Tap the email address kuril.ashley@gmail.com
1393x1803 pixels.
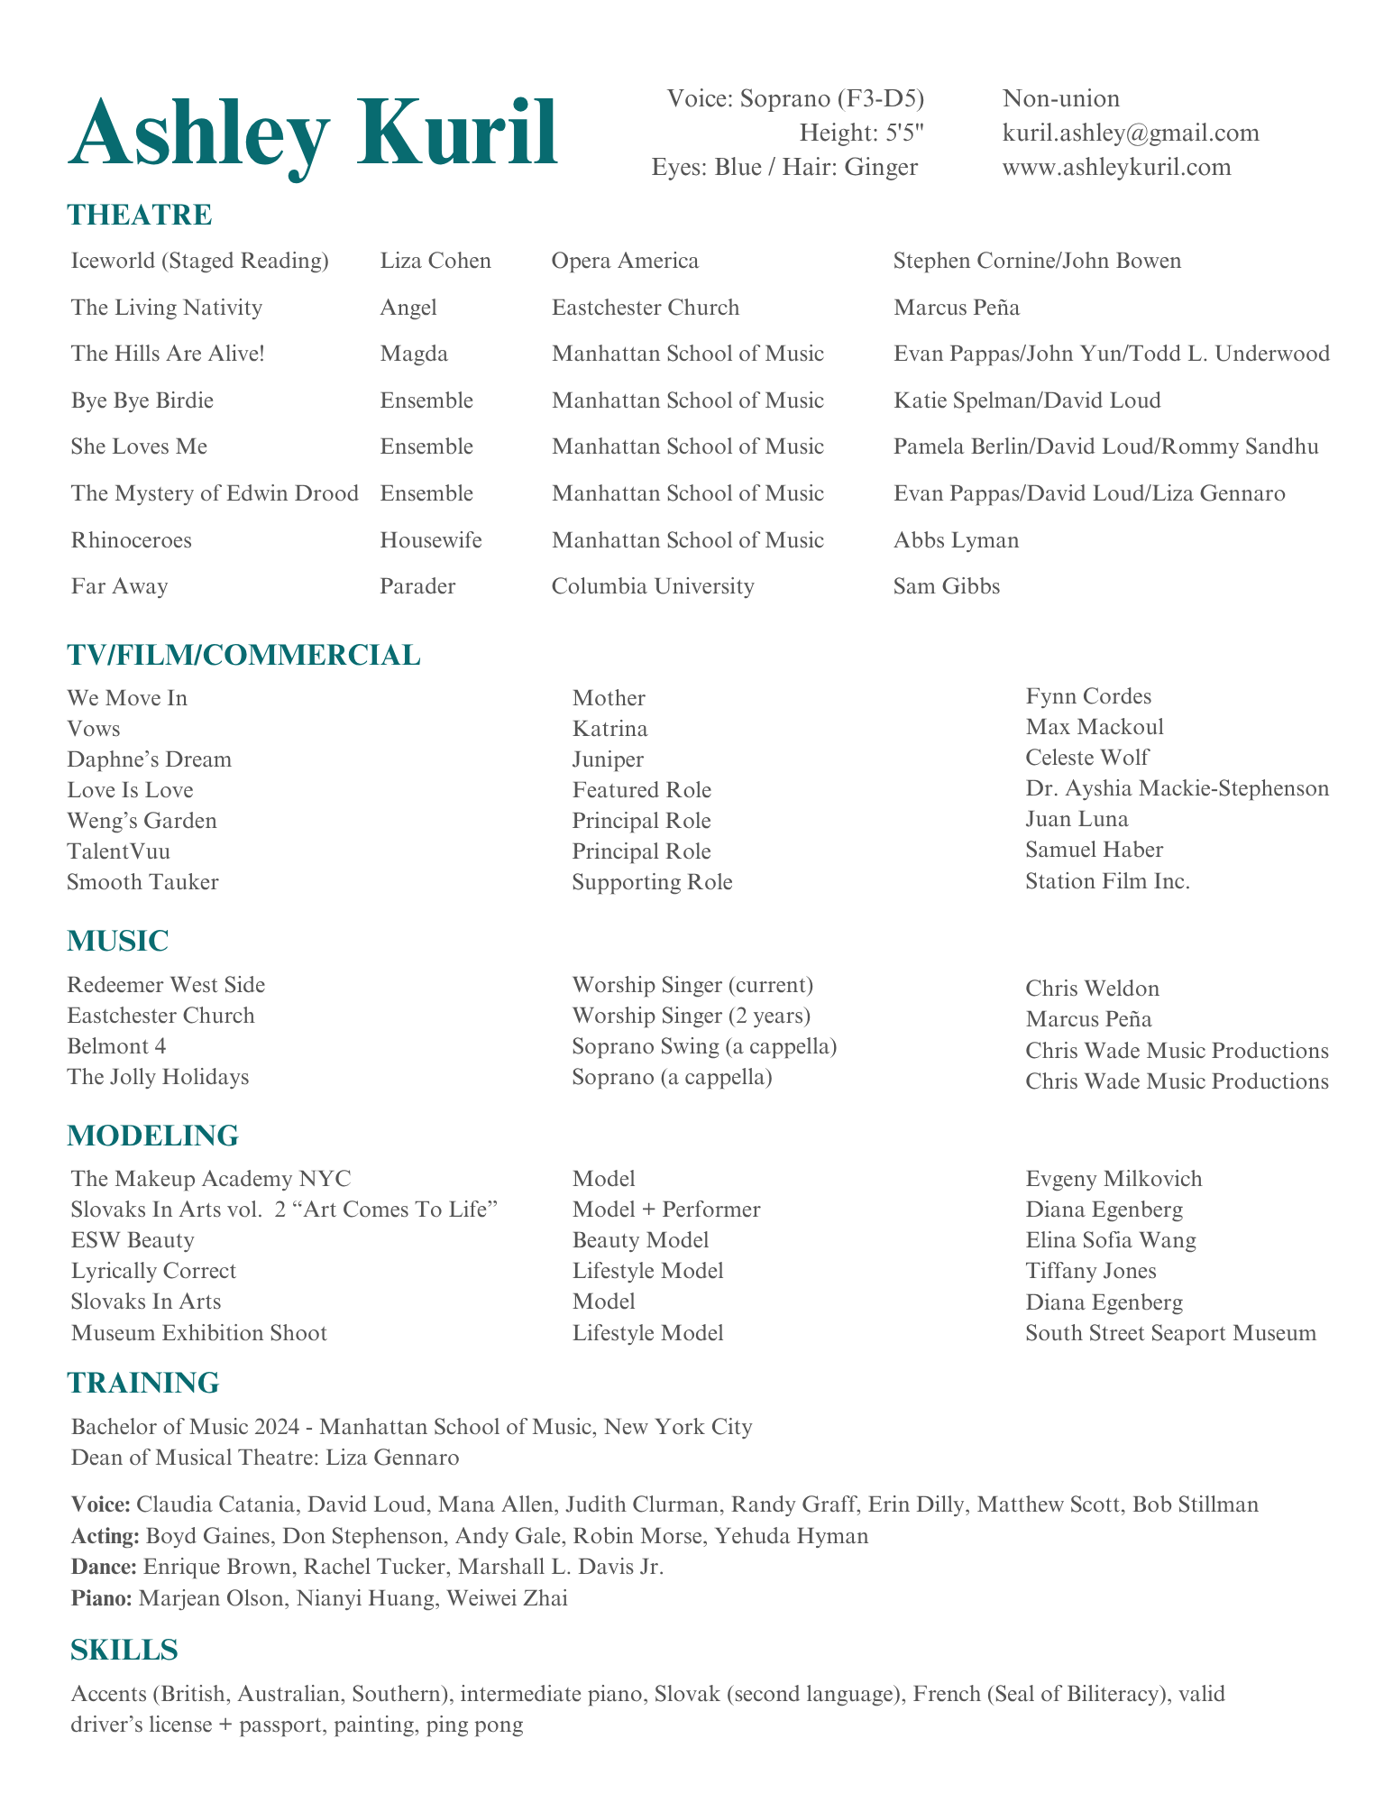click(x=1131, y=133)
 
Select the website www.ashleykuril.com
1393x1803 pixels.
click(x=1116, y=168)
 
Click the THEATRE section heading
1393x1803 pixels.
click(x=140, y=216)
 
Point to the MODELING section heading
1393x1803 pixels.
click(x=152, y=1136)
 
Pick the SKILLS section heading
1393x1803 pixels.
click(x=124, y=1650)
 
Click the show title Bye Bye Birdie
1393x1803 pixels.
click(x=142, y=400)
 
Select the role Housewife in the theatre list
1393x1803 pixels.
click(x=431, y=540)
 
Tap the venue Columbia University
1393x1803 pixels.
click(x=653, y=586)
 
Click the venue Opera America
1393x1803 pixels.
click(x=625, y=262)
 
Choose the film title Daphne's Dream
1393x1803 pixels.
click(x=149, y=759)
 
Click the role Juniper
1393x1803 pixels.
click(x=608, y=759)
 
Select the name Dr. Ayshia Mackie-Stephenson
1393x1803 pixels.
click(x=1177, y=788)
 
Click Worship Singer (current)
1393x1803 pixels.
click(x=692, y=985)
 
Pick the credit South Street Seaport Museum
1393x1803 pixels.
click(x=1170, y=1333)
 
